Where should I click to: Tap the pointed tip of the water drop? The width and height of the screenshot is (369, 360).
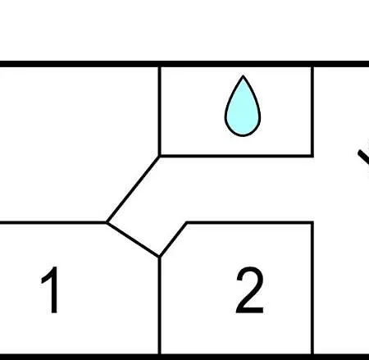coord(243,76)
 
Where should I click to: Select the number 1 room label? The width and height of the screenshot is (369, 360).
coord(51,289)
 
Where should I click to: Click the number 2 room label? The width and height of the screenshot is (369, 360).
coord(250,289)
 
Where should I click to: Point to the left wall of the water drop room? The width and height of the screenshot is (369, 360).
coord(160,112)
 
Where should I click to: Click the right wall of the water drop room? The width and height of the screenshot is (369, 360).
coord(312,112)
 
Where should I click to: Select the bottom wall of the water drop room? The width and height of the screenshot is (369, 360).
coord(236,156)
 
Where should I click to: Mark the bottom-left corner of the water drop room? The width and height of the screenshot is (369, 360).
coord(160,156)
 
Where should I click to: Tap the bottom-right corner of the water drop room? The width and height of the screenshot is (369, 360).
coord(312,156)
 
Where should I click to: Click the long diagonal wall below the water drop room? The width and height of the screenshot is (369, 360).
coord(133,189)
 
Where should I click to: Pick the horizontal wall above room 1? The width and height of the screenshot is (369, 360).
coord(53,222)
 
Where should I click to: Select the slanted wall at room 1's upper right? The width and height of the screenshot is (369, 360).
coord(134,239)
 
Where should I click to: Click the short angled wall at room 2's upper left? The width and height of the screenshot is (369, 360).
coord(173,239)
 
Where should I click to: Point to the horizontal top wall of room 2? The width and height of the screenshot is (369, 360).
coord(250,223)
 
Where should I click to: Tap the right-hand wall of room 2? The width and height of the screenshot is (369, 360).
coord(312,289)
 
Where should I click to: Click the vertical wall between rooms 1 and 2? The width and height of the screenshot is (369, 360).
coord(160,305)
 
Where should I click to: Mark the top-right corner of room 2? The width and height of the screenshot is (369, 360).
coord(312,223)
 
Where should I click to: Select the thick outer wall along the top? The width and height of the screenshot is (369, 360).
coord(184,64)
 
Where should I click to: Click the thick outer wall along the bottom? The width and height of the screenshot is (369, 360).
coord(184,357)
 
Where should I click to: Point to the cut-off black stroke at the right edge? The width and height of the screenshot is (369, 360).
coord(364,157)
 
